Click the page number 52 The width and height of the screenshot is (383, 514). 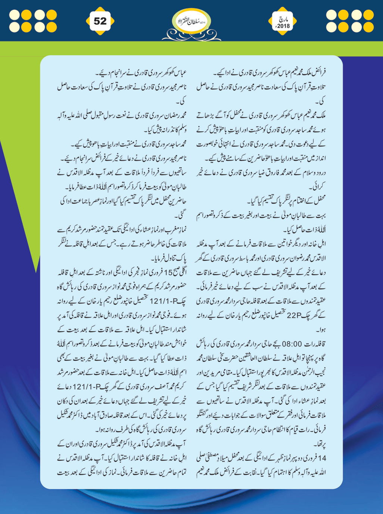coord(100,21)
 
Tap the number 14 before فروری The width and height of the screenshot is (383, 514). coord(323,458)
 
